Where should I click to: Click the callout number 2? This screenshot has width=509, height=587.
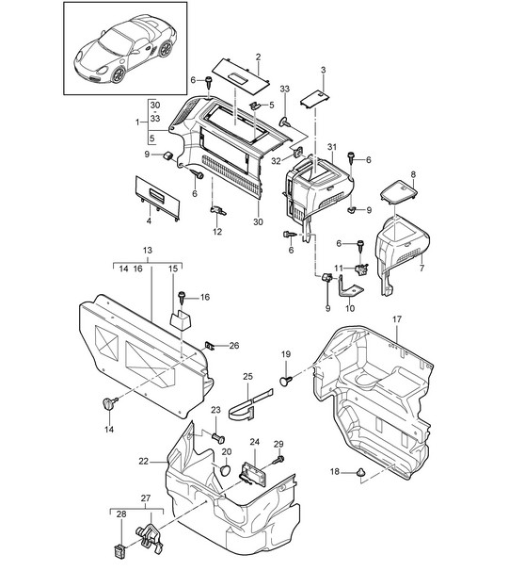pos(258,57)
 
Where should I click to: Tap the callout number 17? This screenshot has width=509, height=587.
pos(397,319)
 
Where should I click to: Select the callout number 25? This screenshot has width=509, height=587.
pos(247,377)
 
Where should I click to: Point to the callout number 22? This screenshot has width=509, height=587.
pos(144,462)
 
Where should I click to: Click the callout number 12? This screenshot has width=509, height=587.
pos(217,232)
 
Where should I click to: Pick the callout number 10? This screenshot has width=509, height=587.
pos(350,308)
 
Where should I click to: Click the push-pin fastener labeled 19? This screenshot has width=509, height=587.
pos(286,381)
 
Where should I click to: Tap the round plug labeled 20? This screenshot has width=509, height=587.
pos(225,470)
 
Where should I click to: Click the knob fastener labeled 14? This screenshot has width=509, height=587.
pos(109,403)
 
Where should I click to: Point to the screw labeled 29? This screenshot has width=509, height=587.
pos(278,460)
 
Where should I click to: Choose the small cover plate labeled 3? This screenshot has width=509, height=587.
pos(315,100)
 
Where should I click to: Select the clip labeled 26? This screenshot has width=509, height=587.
pos(210,346)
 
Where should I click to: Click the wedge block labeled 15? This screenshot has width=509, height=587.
pos(180,319)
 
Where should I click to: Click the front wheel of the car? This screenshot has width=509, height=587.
pos(119,74)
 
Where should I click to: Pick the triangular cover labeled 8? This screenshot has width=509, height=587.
pos(398,191)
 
